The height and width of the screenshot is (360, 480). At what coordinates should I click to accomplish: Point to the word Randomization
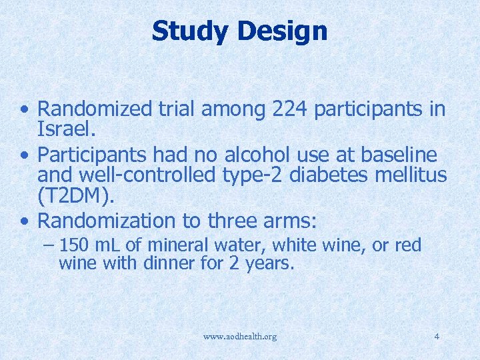pos(103,219)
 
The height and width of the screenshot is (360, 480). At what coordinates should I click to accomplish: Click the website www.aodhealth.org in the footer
pos(240,337)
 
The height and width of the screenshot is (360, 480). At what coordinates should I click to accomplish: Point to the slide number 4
pos(437,336)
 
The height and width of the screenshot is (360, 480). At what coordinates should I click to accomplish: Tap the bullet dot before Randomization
pos(24,220)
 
